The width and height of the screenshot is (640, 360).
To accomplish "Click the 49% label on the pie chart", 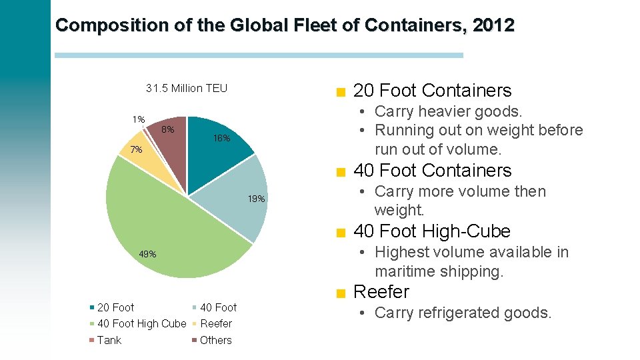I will coord(147,254).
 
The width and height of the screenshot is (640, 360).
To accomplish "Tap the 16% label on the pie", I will coord(221,139).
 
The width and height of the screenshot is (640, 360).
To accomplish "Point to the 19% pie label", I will coord(257,199).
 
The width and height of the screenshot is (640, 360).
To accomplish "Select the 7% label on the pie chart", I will coord(136,150).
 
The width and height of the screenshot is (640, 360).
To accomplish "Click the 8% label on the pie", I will coord(169,129).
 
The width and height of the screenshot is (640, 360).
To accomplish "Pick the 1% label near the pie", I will coord(138,119).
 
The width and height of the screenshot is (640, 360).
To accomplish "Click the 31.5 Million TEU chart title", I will coord(187,88).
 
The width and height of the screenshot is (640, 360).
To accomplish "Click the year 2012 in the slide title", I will coord(493,25).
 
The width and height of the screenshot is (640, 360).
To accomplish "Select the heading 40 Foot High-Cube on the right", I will coord(431,231).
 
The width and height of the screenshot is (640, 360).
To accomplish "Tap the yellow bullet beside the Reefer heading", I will coord(341,293).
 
